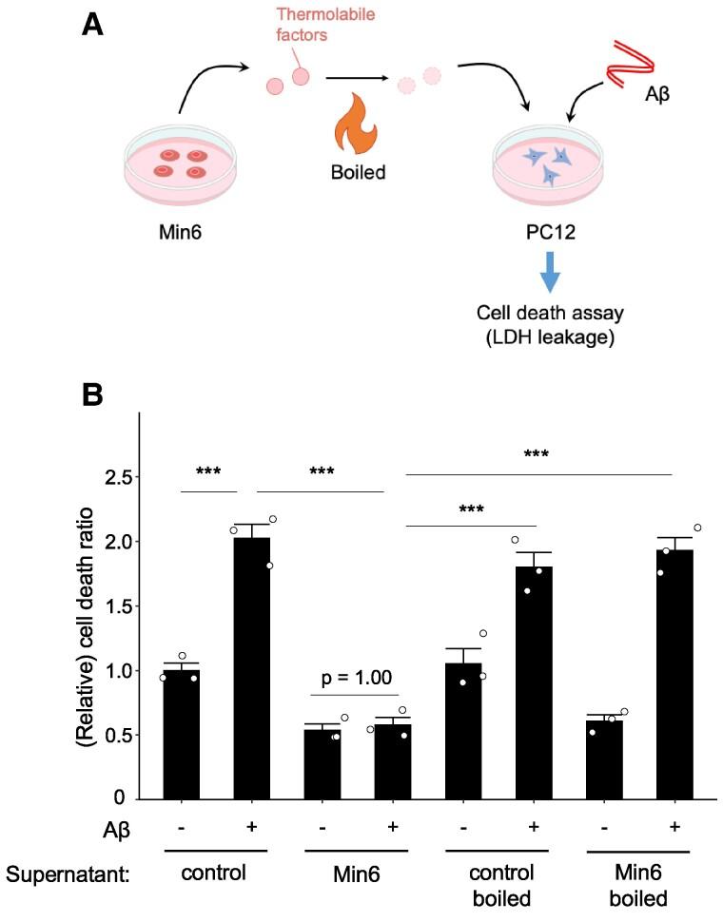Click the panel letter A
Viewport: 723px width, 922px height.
click(x=92, y=29)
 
